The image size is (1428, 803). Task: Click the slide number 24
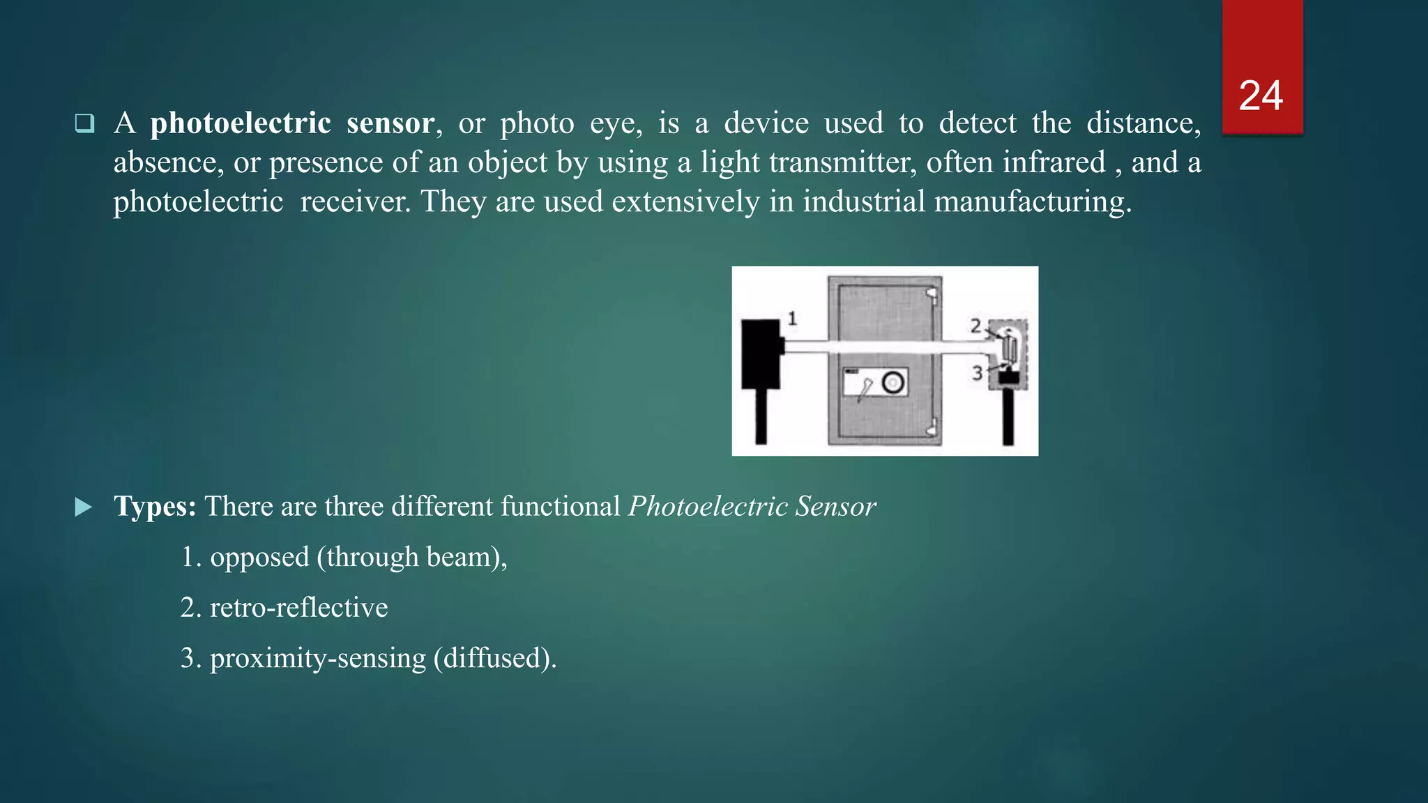[1261, 95]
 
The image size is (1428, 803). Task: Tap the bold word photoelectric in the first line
[241, 123]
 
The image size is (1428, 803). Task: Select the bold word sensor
[391, 123]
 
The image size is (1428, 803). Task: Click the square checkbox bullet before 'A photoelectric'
[84, 123]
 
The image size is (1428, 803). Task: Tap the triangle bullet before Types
[83, 507]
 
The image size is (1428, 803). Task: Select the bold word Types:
[155, 507]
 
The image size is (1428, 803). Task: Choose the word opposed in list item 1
[259, 558]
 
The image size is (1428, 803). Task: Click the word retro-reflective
[298, 608]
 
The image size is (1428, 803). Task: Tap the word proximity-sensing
[317, 659]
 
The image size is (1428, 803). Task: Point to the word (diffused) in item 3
[494, 659]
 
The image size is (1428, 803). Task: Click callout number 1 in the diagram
[792, 319]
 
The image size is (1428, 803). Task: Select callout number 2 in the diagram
[975, 326]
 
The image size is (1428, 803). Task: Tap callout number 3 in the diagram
[977, 374]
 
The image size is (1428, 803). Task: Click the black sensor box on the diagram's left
[761, 353]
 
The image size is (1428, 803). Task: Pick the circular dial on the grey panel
[893, 382]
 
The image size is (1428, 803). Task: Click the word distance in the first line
[1144, 123]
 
